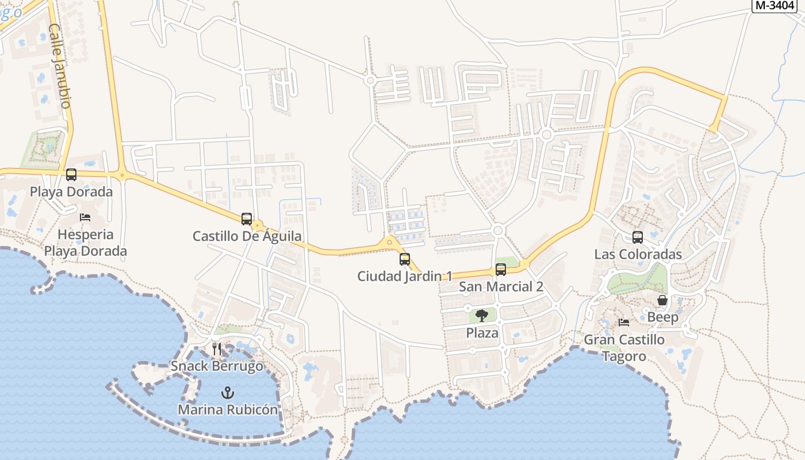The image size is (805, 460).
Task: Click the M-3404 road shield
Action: [x=774, y=5]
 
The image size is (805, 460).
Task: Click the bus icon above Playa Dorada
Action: [x=71, y=175]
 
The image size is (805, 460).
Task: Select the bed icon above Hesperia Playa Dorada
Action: [x=85, y=217]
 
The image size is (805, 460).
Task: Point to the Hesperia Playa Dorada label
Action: [x=86, y=243]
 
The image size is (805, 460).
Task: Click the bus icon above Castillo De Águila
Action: [x=247, y=219]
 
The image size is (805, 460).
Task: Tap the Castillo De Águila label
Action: [x=247, y=236]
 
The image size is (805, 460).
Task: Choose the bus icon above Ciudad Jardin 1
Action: [x=405, y=259]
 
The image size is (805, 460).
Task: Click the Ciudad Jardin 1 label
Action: [x=405, y=276]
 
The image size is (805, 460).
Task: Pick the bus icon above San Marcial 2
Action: [x=501, y=270]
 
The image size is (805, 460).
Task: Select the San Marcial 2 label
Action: [x=501, y=286]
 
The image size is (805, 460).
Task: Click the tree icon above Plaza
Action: [x=482, y=315]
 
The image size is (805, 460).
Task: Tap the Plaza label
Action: [x=482, y=332]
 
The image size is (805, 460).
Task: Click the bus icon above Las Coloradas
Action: [x=638, y=237]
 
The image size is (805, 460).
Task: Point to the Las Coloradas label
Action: [x=638, y=254]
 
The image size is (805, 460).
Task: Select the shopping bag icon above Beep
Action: [x=662, y=300]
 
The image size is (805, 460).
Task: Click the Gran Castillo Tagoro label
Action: [x=624, y=348]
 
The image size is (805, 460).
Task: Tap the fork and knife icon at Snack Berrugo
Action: [x=217, y=348]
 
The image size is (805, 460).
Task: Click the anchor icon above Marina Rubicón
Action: [x=228, y=393]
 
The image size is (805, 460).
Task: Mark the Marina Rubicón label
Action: [x=228, y=410]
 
